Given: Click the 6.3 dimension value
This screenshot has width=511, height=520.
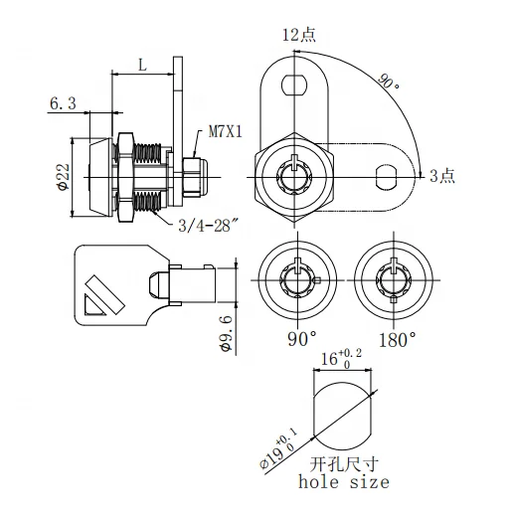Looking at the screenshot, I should point(63,102).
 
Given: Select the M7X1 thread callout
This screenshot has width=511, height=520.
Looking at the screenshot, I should point(227,130).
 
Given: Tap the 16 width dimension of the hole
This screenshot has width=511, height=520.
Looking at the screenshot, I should point(332,362).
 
